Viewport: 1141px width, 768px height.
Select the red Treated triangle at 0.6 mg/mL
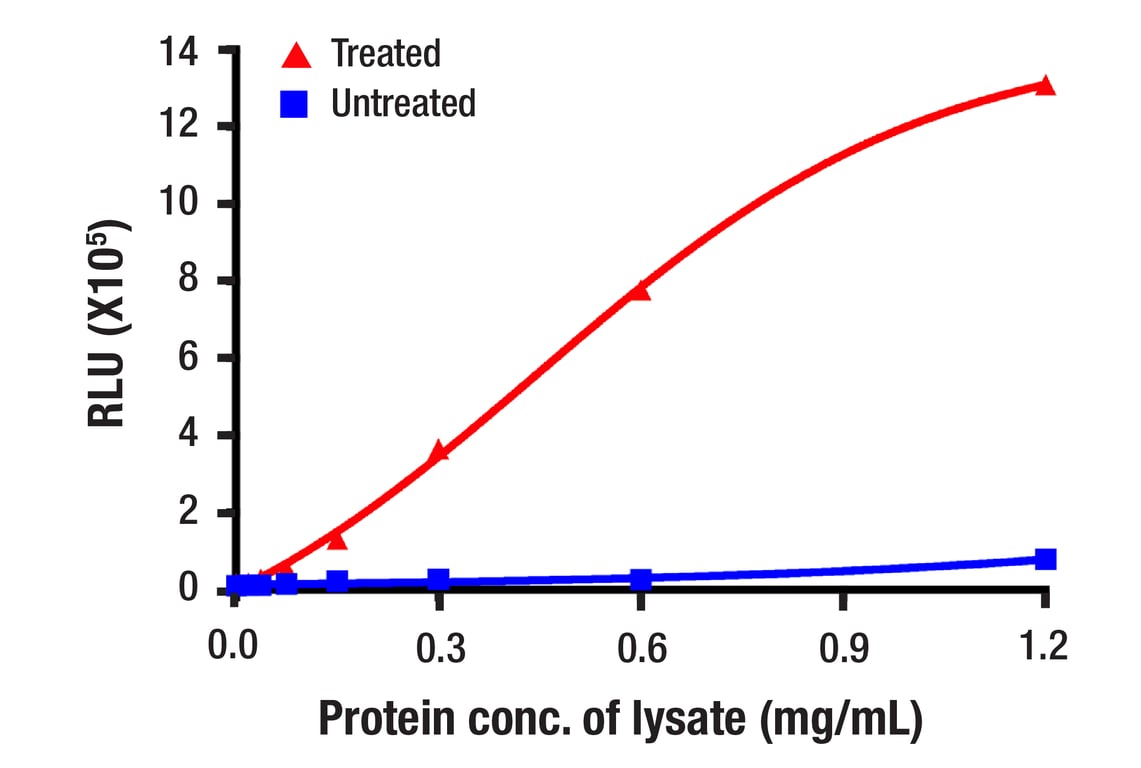pos(640,291)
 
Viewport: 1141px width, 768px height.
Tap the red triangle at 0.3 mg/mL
pos(438,452)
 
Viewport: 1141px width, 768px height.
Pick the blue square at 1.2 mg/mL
pos(1045,559)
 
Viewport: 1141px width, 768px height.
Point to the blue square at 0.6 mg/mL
pos(640,579)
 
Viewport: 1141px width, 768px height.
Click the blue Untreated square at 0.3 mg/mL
pos(438,580)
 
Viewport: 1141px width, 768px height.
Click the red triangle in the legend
pos(296,54)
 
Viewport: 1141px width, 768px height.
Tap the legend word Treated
pos(385,54)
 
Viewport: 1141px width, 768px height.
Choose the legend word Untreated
pos(403,103)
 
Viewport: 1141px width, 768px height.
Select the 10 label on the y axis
pos(182,204)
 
